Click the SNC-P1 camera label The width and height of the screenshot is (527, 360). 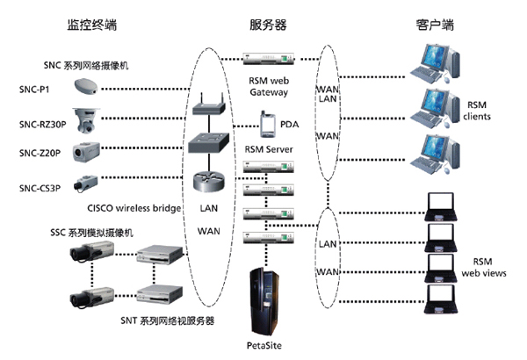pyautogui.click(x=35, y=88)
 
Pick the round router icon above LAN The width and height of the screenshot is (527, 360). pyautogui.click(x=209, y=183)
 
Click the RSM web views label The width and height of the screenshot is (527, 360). pyautogui.click(x=482, y=268)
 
